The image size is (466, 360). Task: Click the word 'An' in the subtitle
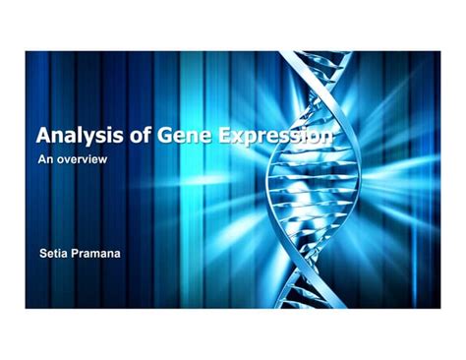[x=44, y=158]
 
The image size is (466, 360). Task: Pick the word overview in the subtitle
[x=82, y=158]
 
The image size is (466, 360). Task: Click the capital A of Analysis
[x=44, y=136]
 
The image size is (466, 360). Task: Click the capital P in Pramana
[x=79, y=253]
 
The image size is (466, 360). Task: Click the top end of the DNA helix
[x=296, y=55]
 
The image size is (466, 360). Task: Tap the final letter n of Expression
[x=325, y=138]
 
